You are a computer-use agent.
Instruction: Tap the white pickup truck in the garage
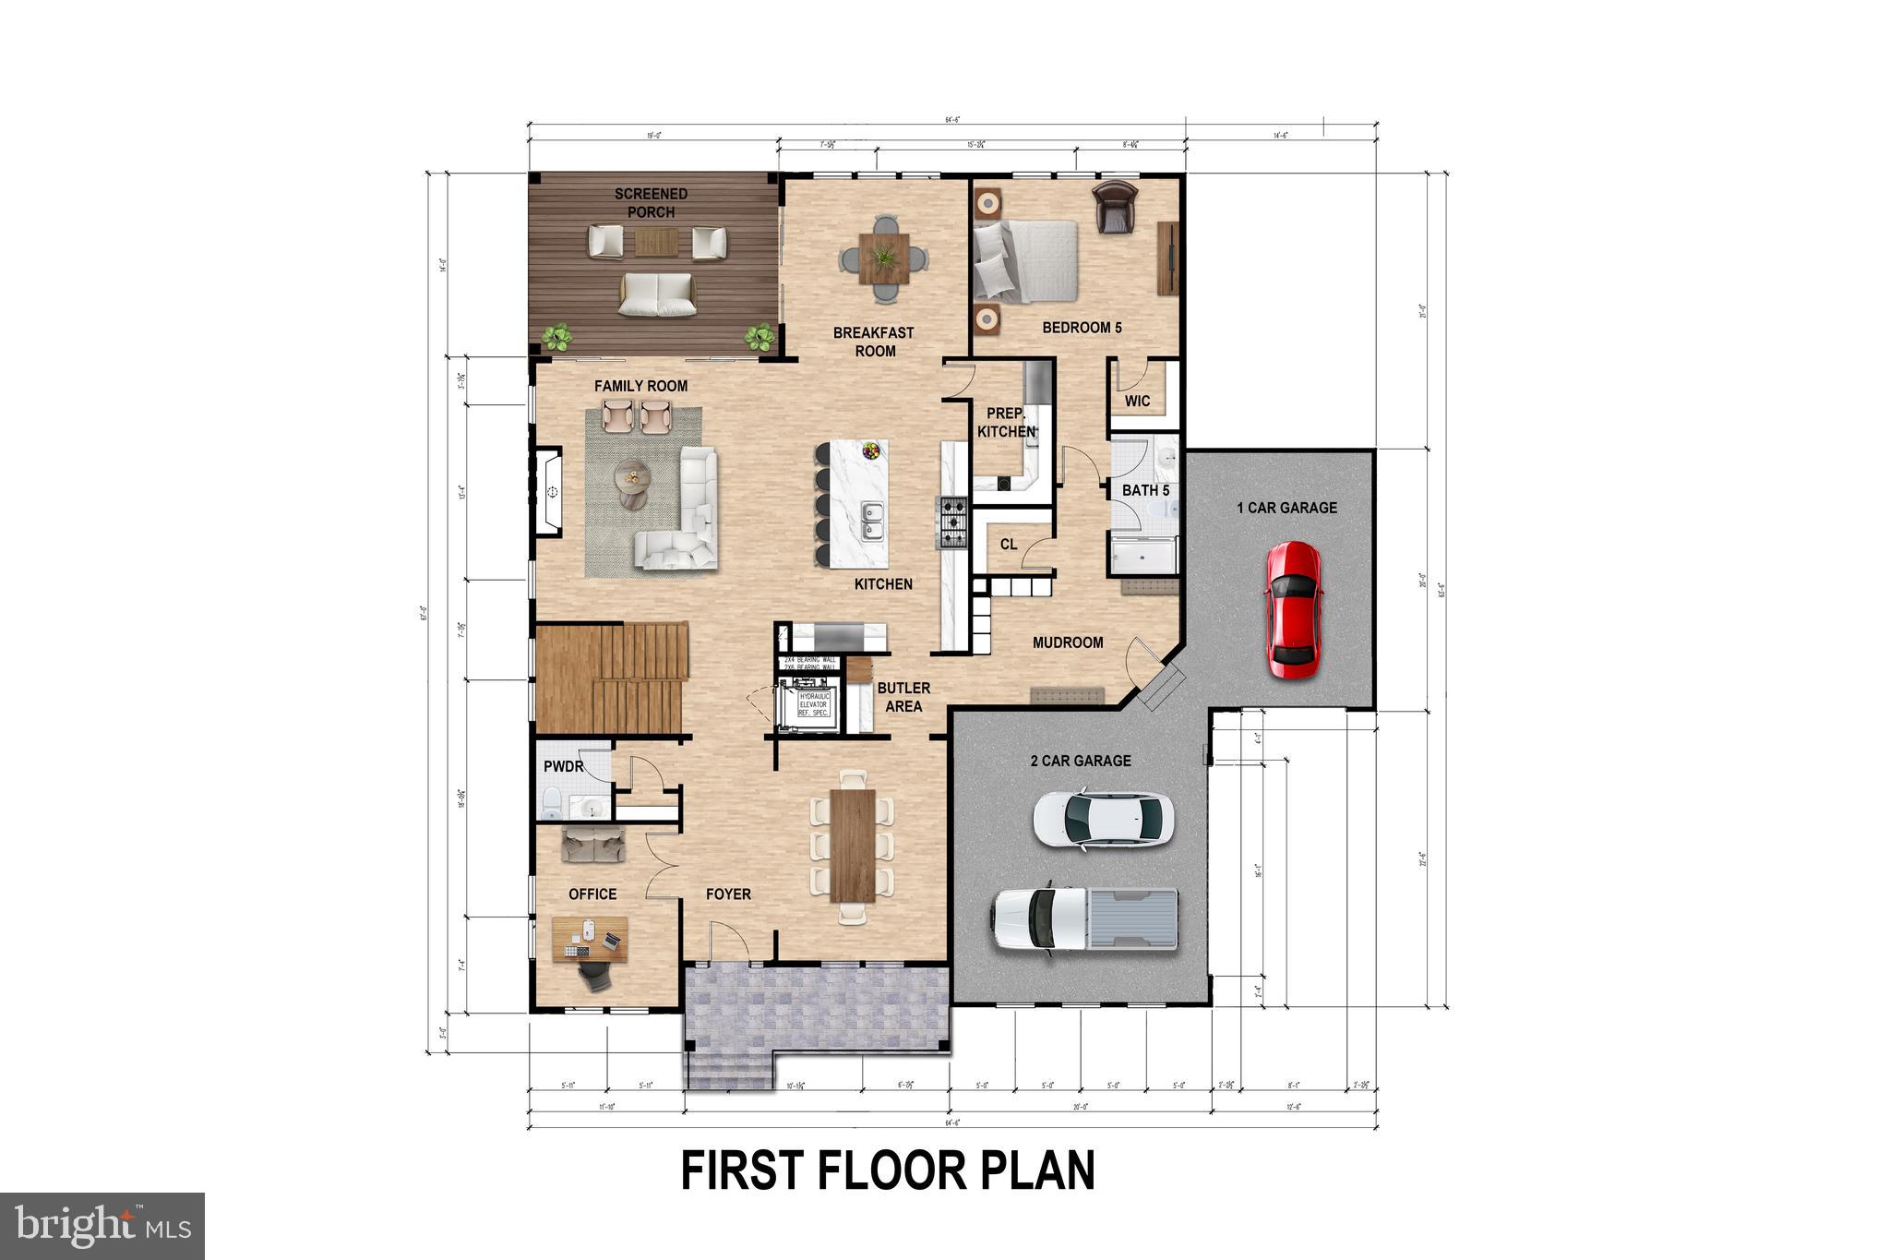click(x=1084, y=918)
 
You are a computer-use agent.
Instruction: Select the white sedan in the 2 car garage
click(x=1103, y=818)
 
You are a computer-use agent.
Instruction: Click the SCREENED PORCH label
click(x=652, y=203)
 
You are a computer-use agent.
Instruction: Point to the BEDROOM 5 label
click(x=1082, y=328)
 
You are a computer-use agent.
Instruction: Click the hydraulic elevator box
click(x=812, y=705)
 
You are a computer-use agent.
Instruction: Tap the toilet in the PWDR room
click(x=553, y=804)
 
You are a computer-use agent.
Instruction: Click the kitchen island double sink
click(x=870, y=522)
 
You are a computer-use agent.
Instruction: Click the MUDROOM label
click(x=1068, y=642)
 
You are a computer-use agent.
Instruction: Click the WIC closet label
click(x=1137, y=402)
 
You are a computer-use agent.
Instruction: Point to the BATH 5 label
click(x=1145, y=490)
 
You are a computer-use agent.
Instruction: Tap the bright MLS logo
click(x=102, y=1225)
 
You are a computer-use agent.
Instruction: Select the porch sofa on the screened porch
click(x=657, y=294)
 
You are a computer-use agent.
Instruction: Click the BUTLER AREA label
click(x=903, y=697)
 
